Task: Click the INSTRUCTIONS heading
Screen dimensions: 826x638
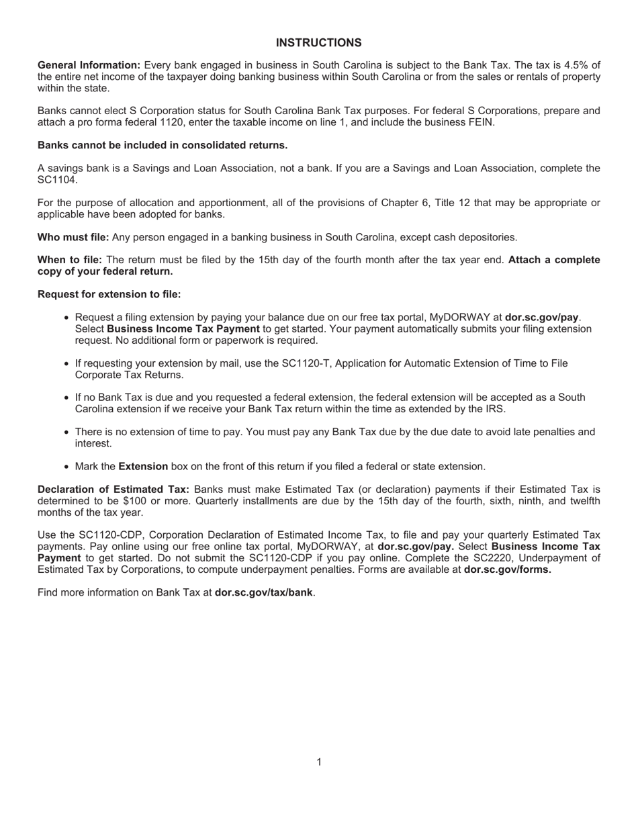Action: (x=318, y=43)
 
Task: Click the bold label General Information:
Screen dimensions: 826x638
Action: (x=89, y=65)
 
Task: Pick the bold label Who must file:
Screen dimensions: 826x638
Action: (x=73, y=237)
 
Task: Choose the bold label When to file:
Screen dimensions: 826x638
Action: (x=70, y=260)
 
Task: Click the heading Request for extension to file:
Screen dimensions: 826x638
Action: (x=109, y=294)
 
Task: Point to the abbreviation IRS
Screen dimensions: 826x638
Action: (x=494, y=409)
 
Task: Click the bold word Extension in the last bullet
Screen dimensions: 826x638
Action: (x=143, y=466)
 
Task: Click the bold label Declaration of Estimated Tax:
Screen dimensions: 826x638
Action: (x=113, y=489)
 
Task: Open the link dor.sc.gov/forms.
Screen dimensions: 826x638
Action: (x=507, y=569)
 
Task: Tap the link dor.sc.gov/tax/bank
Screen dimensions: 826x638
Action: (x=264, y=592)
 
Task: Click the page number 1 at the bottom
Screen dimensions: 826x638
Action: (x=319, y=762)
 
